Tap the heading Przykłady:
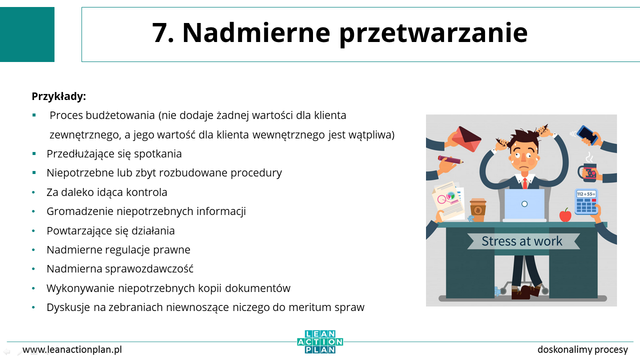[x=59, y=96]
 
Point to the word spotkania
[x=157, y=154]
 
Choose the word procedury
[x=256, y=173]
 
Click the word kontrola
[x=146, y=192]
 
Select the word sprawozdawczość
[x=149, y=269]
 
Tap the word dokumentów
[x=257, y=288]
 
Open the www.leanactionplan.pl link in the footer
[x=72, y=349]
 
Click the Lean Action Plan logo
[x=320, y=341]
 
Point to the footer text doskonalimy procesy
[x=582, y=349]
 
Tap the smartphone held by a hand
[x=587, y=134]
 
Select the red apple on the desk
[x=565, y=214]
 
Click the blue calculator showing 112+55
[x=586, y=201]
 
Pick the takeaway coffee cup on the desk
[x=477, y=209]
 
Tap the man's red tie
[x=525, y=183]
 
